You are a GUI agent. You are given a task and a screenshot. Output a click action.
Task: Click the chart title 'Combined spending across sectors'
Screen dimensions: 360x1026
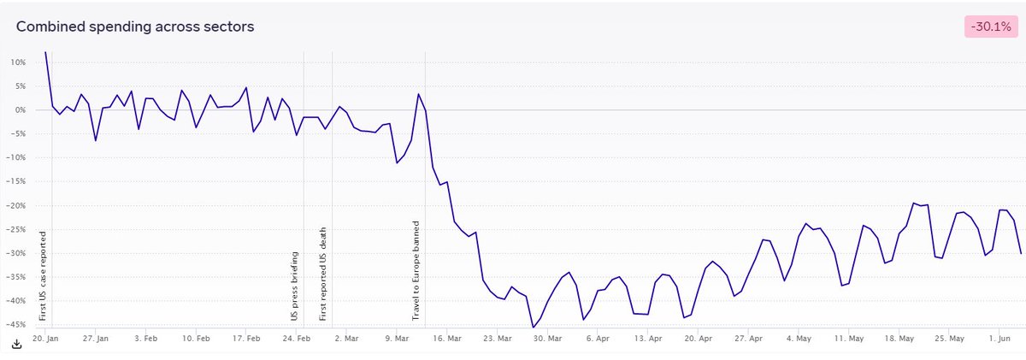(x=135, y=27)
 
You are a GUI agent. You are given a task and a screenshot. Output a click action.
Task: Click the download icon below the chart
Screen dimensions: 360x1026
(x=16, y=344)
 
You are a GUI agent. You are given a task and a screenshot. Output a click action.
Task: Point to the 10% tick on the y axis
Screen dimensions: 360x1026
(x=17, y=62)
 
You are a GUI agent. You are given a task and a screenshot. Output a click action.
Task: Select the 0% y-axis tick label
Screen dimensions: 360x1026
(x=20, y=110)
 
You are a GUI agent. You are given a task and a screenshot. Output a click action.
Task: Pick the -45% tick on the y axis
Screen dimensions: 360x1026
(x=16, y=325)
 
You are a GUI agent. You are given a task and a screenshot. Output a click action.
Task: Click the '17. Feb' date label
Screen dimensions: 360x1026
(x=247, y=339)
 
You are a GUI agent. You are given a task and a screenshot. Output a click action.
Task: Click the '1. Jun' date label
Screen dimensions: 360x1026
(x=1000, y=339)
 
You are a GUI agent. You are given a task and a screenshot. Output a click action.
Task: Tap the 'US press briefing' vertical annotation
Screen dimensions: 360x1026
(x=294, y=286)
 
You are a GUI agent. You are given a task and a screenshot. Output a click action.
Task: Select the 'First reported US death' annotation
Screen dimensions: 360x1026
(x=323, y=274)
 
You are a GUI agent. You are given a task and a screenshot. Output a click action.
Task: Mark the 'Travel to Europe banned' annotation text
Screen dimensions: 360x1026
(x=416, y=272)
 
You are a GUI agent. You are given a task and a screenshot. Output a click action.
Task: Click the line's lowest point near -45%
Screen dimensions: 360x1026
(x=533, y=328)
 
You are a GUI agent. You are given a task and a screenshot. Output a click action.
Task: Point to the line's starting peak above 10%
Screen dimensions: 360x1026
(x=45, y=52)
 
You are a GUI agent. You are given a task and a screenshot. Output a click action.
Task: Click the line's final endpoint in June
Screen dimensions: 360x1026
(x=1021, y=253)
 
